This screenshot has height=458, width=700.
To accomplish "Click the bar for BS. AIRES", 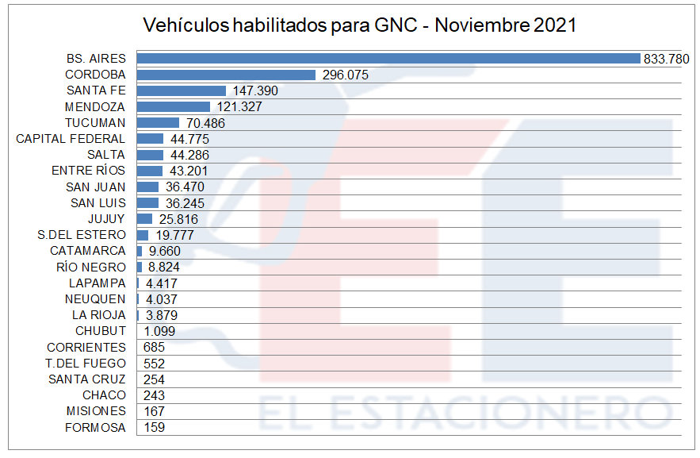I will click(388, 58).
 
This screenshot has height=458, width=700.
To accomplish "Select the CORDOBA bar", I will click(227, 75).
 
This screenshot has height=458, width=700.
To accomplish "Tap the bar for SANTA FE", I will click(182, 90).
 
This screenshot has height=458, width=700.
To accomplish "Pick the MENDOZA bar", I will click(174, 106).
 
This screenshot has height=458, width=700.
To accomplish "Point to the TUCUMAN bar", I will click(158, 123).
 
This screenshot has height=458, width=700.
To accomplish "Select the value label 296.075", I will click(346, 75).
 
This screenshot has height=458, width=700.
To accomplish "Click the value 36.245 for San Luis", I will click(183, 203).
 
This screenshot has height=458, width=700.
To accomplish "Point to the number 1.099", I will click(159, 331).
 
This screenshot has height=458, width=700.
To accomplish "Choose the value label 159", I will click(154, 428).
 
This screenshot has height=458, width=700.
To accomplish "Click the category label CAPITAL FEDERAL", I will click(71, 139).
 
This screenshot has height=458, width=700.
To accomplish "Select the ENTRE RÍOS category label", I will click(88, 171).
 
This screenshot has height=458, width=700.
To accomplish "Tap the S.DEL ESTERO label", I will click(82, 235).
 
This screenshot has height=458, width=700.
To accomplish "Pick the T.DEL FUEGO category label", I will click(86, 364).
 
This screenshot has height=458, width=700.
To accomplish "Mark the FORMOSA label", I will click(95, 428).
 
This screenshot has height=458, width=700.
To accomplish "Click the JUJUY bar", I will click(144, 219).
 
